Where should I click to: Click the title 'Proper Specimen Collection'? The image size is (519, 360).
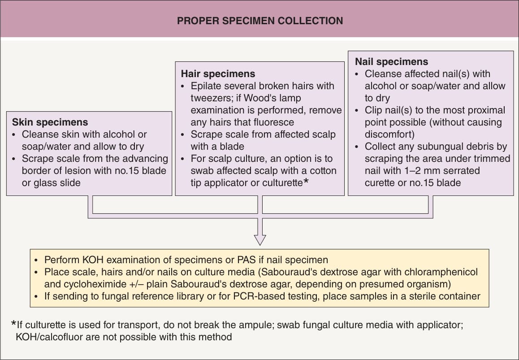pos(260,21)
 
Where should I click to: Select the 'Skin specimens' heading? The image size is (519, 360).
pos(50,122)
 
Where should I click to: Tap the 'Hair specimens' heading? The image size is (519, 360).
pos(218,74)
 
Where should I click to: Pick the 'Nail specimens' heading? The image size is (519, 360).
pos(392,61)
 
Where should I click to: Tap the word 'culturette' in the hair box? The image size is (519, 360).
pos(282,183)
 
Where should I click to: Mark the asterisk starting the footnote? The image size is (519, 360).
pos(13,323)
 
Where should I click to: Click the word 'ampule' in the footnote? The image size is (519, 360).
pos(256,325)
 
